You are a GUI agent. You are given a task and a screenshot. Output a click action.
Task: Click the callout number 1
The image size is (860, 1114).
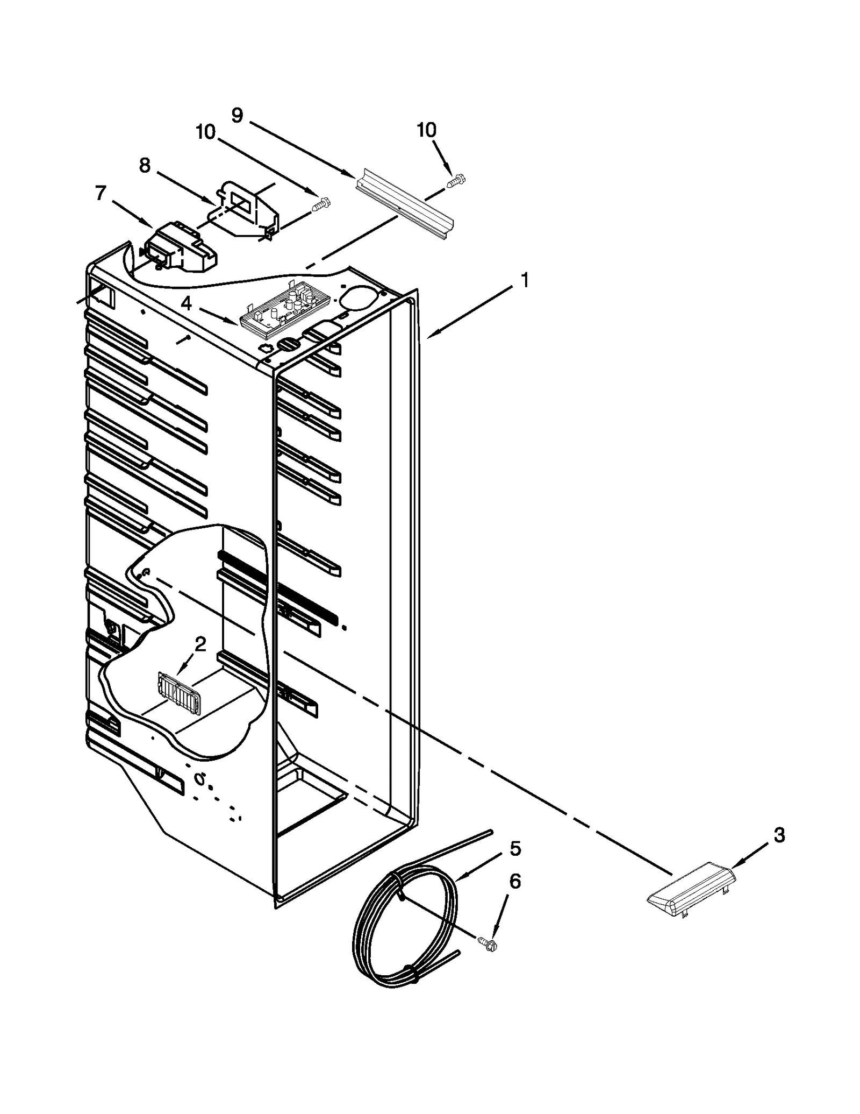coord(525,280)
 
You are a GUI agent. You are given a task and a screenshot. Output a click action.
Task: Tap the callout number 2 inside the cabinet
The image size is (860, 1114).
coord(200,644)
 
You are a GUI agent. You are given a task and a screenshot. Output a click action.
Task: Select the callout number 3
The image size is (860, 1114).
coord(779,835)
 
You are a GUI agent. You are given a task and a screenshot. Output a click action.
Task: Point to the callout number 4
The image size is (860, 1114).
coord(186,304)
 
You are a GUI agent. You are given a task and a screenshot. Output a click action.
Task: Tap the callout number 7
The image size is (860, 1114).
coord(101,193)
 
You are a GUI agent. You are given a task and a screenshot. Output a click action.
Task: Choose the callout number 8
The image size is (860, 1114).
coord(145,165)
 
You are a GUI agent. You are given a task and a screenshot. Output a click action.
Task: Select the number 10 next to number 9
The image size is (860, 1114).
coord(205,132)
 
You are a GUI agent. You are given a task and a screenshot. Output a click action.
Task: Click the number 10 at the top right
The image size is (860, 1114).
coord(427,130)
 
